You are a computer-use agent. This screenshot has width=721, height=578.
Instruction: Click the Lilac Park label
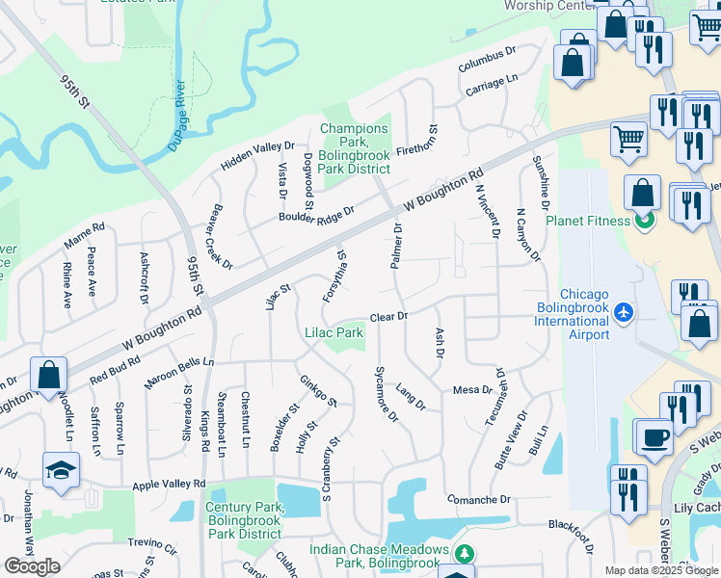(x=334, y=333)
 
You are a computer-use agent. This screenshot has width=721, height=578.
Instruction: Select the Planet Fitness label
(x=588, y=220)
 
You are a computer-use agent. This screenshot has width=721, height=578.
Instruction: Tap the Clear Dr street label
(x=389, y=316)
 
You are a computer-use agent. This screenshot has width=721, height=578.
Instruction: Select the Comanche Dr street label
(x=478, y=500)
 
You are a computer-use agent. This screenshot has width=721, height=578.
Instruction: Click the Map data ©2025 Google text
(x=660, y=570)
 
